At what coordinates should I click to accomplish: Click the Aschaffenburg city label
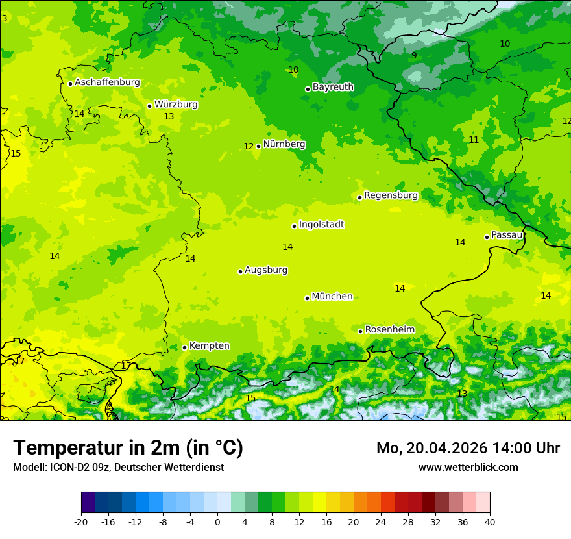107,82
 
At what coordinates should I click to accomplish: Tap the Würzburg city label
176,105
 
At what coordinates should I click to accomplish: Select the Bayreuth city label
333,87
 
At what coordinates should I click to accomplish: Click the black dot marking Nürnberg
258,146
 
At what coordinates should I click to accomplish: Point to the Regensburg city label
391,195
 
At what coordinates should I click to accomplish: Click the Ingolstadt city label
321,225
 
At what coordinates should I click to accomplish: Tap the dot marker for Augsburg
240,271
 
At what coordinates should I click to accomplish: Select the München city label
332,297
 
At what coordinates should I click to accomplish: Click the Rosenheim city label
389,330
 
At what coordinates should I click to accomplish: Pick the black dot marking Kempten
184,347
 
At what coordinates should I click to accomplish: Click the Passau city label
507,235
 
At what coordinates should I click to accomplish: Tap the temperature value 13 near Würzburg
169,117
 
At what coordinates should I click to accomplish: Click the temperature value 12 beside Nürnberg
249,147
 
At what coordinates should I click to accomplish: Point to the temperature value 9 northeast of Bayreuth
414,56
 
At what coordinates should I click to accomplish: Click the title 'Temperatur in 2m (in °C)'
128,447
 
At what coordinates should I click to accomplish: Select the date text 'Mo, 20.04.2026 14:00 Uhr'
468,448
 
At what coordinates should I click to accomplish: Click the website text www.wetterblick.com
468,468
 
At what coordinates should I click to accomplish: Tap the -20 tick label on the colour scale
81,522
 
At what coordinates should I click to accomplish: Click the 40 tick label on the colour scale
490,522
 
